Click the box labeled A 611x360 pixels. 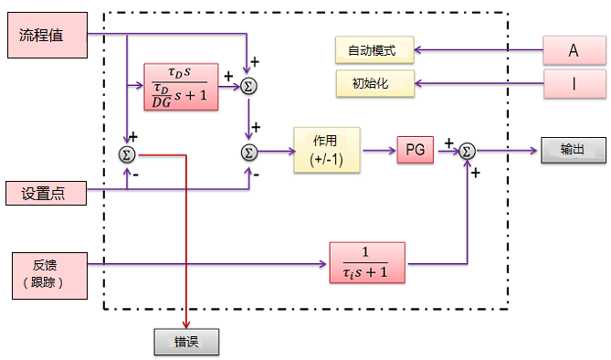[x=574, y=51]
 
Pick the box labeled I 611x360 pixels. [x=574, y=84]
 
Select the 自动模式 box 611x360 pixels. [x=374, y=50]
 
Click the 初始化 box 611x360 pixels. [x=374, y=84]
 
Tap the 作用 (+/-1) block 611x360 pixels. [x=325, y=150]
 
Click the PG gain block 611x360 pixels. [x=416, y=150]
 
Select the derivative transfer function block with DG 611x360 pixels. [x=181, y=87]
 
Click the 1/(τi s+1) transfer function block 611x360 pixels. [x=366, y=264]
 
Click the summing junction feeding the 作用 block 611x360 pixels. [x=248, y=151]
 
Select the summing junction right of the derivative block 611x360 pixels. [x=248, y=86]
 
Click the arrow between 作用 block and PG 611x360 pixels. [x=379, y=150]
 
